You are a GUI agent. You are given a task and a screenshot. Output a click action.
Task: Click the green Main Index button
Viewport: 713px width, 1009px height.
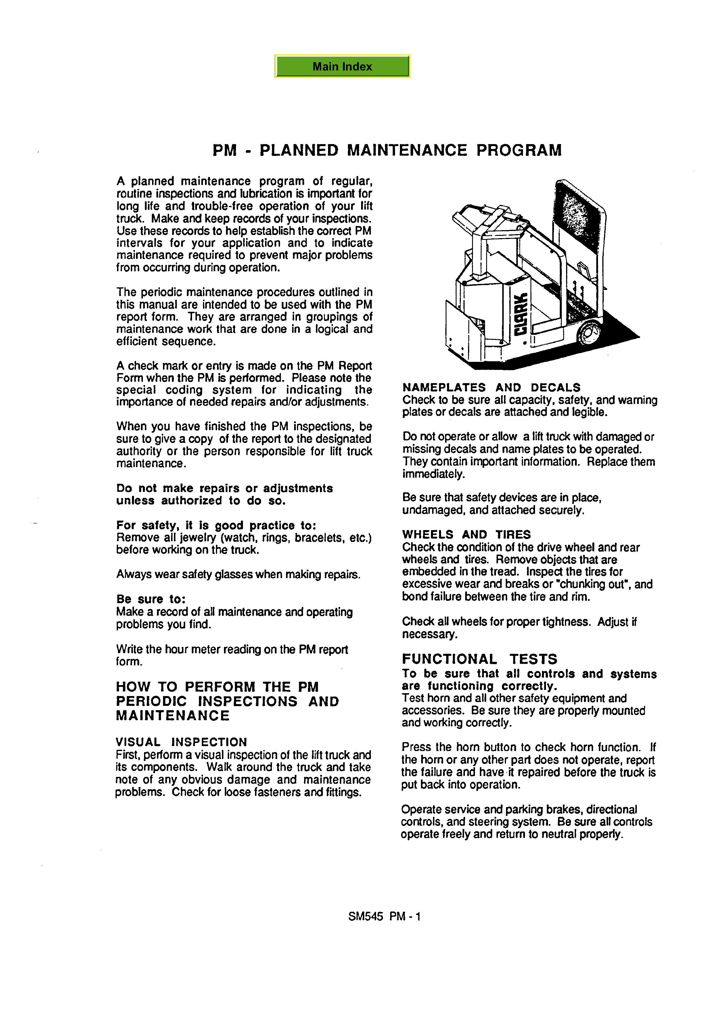click(342, 66)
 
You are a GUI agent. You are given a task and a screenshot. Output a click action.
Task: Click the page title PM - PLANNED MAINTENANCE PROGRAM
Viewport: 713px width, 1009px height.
click(387, 150)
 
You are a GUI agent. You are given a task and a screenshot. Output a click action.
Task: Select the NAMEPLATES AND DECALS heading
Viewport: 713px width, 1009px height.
click(491, 388)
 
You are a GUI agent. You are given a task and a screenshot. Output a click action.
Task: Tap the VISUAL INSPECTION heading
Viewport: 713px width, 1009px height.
click(181, 742)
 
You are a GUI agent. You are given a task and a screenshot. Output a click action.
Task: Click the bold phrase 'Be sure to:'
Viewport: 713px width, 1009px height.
click(151, 599)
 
